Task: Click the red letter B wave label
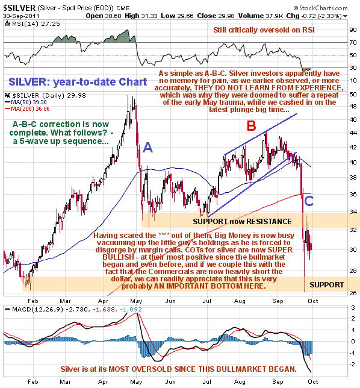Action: (252, 125)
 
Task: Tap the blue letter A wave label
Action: (148, 148)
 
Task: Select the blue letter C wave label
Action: (309, 201)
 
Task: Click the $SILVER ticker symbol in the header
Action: (19, 8)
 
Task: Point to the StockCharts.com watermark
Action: (320, 8)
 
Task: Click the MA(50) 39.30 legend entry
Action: (26, 102)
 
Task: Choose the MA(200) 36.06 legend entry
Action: (27, 109)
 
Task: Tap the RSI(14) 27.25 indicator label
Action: (33, 23)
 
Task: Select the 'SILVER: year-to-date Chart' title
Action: (78, 82)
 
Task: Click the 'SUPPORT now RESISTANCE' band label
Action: (242, 221)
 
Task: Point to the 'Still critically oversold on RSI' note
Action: (264, 30)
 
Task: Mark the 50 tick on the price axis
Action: (353, 94)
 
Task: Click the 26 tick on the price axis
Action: (353, 293)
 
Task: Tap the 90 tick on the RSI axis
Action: (353, 30)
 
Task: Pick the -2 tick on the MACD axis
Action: (353, 364)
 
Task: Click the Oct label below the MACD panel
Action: (313, 381)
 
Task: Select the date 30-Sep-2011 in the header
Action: (21, 16)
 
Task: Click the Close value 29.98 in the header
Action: (216, 16)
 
